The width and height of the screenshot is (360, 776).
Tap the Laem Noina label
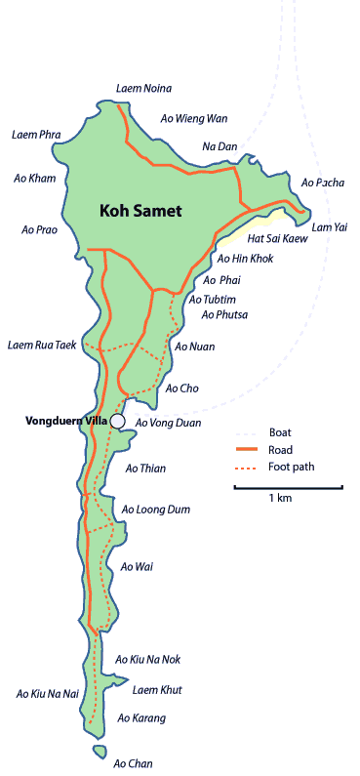pos(143,88)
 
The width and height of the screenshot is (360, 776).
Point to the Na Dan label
pos(220,146)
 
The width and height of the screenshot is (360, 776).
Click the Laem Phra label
pos(36,134)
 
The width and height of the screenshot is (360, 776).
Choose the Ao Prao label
pos(41,230)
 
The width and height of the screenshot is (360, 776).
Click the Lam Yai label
pos(329,226)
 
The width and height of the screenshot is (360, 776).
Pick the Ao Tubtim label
pos(213,299)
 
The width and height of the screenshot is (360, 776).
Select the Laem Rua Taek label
pos(41,345)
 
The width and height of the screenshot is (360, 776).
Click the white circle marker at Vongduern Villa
pos(118,421)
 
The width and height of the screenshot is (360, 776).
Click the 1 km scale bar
pos(288,486)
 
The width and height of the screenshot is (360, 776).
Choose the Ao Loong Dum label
pos(155,510)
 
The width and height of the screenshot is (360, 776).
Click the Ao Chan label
pos(134,763)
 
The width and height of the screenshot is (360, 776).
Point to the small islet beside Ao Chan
pos(100,752)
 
